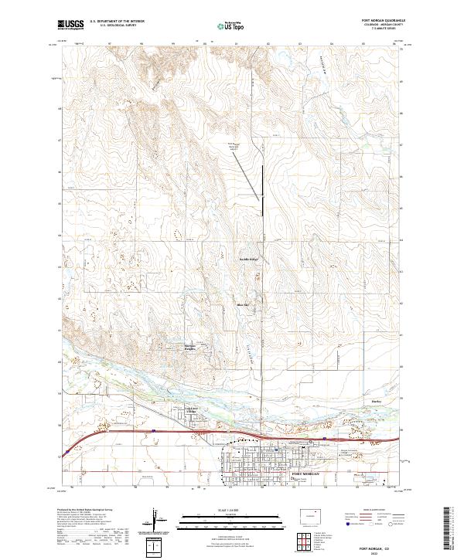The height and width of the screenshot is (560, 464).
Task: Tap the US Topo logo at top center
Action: point(231,26)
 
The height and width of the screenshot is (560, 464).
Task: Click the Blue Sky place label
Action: point(241,305)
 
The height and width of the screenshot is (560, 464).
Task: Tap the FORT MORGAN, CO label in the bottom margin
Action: point(374,545)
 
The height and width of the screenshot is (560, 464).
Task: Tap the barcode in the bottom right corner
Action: point(452,531)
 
